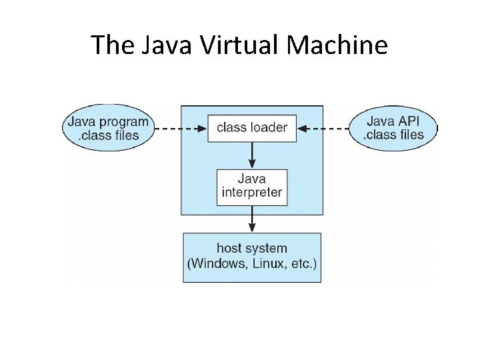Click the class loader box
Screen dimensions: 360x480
[x=252, y=127]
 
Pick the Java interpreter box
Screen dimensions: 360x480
[x=252, y=187]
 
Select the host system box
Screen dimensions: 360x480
[x=252, y=257]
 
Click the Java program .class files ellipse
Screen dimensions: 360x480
[x=107, y=128]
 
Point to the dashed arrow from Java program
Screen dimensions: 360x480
[x=180, y=127]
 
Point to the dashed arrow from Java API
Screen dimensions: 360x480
[x=324, y=127]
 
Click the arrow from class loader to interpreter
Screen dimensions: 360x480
[x=252, y=155]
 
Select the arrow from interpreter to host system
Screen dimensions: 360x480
[x=252, y=219]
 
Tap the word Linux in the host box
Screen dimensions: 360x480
[x=267, y=263]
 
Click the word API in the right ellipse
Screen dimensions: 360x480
[x=408, y=121]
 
